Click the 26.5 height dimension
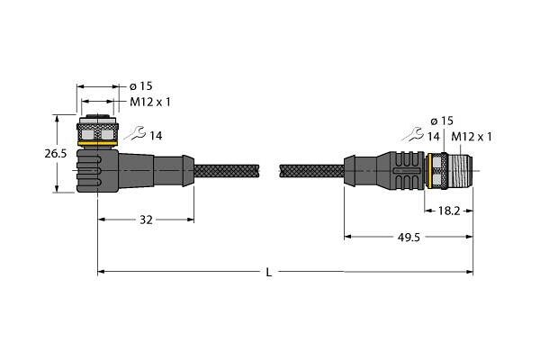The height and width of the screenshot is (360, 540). pos(56,153)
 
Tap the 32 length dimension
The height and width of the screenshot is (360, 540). pos(146,220)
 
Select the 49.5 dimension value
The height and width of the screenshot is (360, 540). pos(409,237)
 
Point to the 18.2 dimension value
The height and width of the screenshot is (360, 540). pos(449,211)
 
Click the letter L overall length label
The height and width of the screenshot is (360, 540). pos(269,272)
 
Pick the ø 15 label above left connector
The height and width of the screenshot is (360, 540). pos(141,86)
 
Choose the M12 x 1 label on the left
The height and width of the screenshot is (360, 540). pos(150,102)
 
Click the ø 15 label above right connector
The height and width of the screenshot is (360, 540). pos(442,121)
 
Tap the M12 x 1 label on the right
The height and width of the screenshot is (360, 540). pos(472,137)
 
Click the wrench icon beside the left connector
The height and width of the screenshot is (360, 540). pos(135,133)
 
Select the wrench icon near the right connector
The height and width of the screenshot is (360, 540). pos(412,134)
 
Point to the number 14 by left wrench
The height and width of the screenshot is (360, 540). pos(156,136)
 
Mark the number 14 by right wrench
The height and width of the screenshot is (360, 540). pos(433,137)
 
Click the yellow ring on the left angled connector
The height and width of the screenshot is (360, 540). pos(98,143)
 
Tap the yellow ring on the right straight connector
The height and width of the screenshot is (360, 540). pos(429,171)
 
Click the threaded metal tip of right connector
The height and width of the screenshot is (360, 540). pos(460,170)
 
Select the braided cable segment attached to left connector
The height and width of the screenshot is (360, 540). pos(226,171)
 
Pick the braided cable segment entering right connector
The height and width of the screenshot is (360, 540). pos(312,171)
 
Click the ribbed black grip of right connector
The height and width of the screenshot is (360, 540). pos(407,170)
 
